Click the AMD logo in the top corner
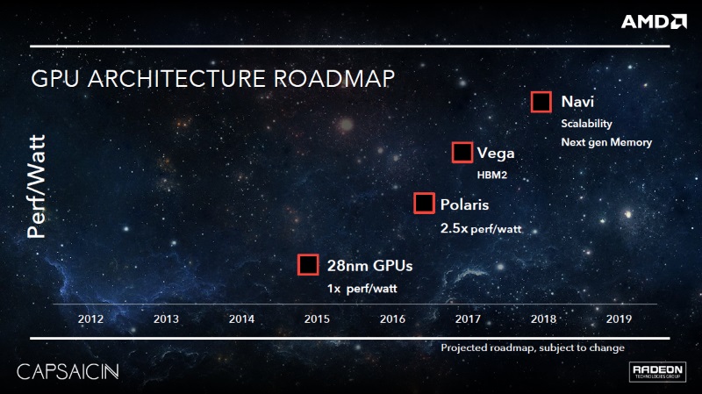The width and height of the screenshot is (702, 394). pyautogui.click(x=654, y=21)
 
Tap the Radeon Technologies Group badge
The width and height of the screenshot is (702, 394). pyautogui.click(x=657, y=371)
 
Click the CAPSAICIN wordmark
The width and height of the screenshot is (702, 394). pyautogui.click(x=68, y=371)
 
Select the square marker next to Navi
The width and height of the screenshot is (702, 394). pyautogui.click(x=541, y=102)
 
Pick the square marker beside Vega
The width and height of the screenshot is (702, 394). pyautogui.click(x=462, y=152)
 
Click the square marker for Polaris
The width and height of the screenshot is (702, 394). pyautogui.click(x=424, y=204)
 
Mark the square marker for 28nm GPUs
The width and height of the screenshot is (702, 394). pyautogui.click(x=308, y=265)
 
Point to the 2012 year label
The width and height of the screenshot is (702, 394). pyautogui.click(x=90, y=319)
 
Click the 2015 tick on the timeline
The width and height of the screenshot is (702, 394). pyautogui.click(x=317, y=319)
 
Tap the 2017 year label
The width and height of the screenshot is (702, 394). pyautogui.click(x=468, y=319)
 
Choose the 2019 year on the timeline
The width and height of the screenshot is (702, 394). pyautogui.click(x=619, y=319)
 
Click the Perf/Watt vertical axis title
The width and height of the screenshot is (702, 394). pyautogui.click(x=36, y=186)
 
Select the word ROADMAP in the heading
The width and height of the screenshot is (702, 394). pyautogui.click(x=334, y=79)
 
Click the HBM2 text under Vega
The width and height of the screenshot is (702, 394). pyautogui.click(x=492, y=175)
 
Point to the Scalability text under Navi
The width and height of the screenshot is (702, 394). pyautogui.click(x=586, y=124)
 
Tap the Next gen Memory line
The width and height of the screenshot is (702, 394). pyautogui.click(x=606, y=142)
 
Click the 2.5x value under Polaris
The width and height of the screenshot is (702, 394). pyautogui.click(x=454, y=228)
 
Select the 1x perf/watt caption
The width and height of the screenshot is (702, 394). pyautogui.click(x=362, y=289)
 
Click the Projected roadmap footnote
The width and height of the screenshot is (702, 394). pyautogui.click(x=533, y=347)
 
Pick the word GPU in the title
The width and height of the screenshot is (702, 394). pyautogui.click(x=55, y=79)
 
